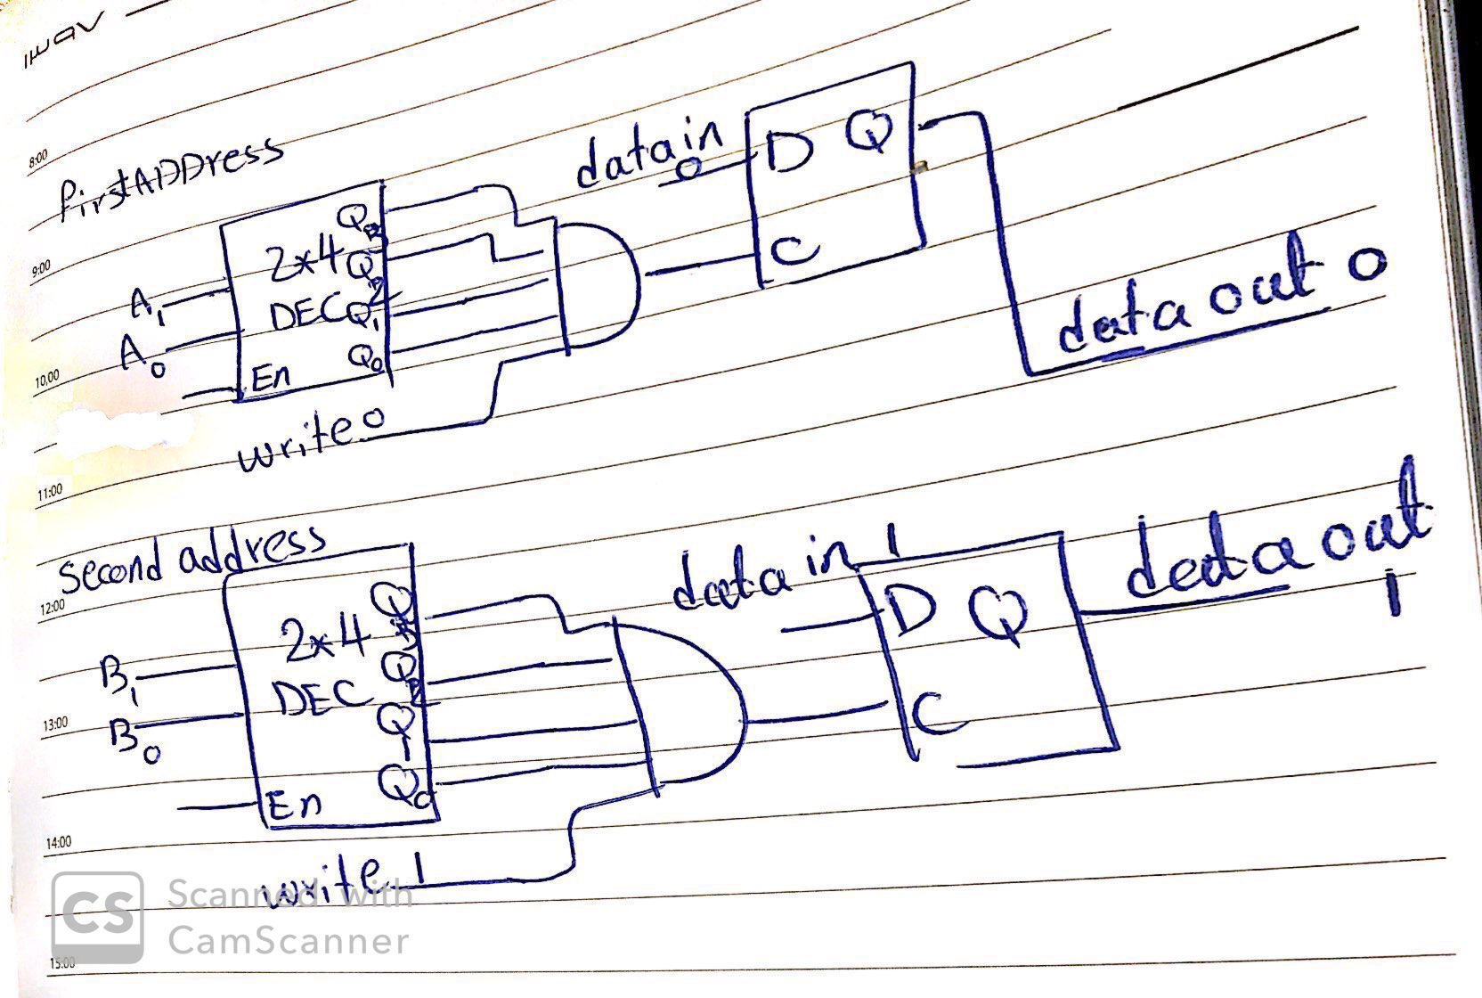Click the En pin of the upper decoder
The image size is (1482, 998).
268,378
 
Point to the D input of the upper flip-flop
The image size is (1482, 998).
790,156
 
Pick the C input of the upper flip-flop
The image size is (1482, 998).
793,250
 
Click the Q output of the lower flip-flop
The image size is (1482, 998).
997,611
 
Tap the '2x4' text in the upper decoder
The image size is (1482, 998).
304,259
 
